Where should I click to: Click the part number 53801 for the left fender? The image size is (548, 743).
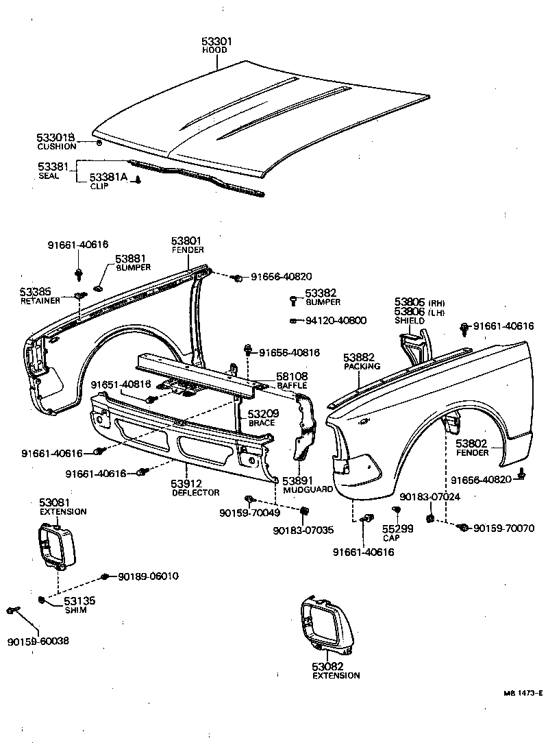pyautogui.click(x=186, y=241)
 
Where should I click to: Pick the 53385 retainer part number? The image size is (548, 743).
pyautogui.click(x=36, y=291)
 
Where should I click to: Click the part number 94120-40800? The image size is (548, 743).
pyautogui.click(x=335, y=320)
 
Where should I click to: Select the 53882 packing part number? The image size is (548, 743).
pyautogui.click(x=359, y=357)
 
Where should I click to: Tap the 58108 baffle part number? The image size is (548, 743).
pyautogui.click(x=292, y=377)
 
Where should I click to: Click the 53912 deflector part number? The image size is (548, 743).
pyautogui.click(x=186, y=483)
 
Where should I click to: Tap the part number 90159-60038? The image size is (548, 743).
pyautogui.click(x=38, y=642)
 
